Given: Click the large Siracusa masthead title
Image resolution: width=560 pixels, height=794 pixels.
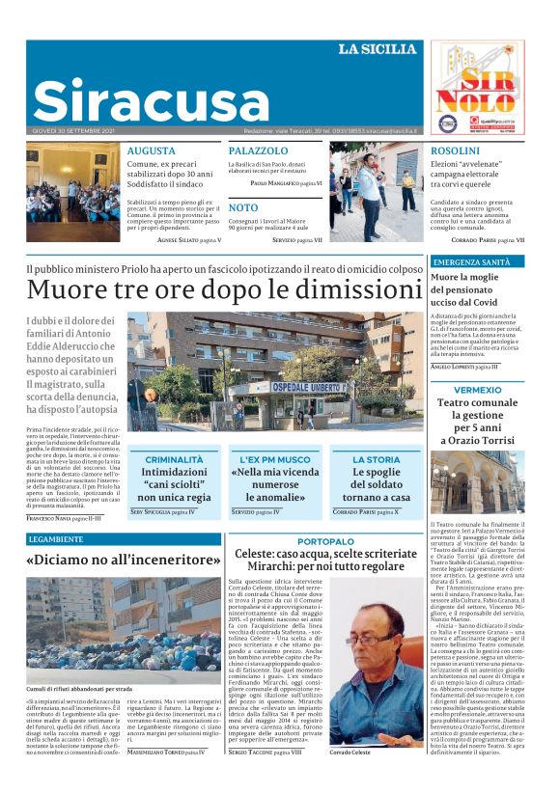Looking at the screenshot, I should click(x=138, y=101).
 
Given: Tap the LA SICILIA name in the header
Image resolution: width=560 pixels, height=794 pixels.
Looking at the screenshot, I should click(x=377, y=49).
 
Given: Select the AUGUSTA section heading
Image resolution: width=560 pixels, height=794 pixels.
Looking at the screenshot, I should click(x=151, y=151).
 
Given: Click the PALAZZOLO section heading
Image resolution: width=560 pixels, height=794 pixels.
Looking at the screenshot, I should click(x=258, y=151).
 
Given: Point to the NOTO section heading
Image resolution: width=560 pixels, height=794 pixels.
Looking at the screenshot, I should click(x=243, y=207).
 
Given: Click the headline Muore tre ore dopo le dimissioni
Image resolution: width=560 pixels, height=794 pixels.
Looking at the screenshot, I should click(x=223, y=289).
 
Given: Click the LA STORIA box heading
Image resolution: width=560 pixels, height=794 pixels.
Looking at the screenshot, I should click(x=376, y=460).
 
